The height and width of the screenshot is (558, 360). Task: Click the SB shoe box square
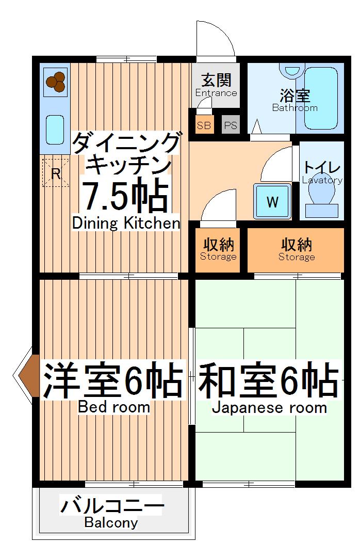[204, 125]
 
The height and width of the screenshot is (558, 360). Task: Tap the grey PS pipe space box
[231, 125]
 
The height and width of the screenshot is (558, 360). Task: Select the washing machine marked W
[272, 202]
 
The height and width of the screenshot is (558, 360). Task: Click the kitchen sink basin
[55, 130]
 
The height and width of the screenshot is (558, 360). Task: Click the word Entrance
[216, 93]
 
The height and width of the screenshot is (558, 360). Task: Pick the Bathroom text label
[294, 108]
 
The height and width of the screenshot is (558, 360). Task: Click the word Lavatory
[322, 180]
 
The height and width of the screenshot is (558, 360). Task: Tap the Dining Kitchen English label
[126, 224]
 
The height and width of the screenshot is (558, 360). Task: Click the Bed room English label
[114, 407]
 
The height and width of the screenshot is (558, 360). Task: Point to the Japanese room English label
[269, 408]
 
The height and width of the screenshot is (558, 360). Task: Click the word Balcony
[111, 523]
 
